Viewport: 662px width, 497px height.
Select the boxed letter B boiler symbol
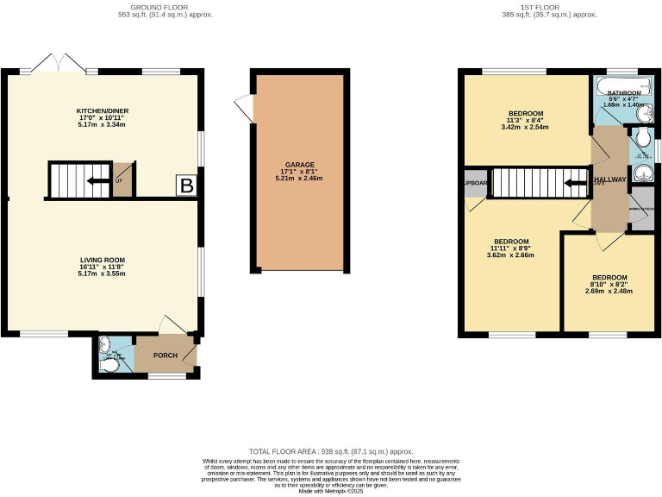185,185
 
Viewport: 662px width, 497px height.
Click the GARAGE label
300,164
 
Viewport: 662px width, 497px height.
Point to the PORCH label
165,355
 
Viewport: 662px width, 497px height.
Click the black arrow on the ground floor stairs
96,180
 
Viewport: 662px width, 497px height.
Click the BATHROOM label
624,92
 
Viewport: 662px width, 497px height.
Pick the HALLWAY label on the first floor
610,180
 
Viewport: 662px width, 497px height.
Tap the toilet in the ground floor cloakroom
108,366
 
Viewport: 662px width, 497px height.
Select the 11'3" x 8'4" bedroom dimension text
525,121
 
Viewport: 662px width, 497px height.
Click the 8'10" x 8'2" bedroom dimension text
609,283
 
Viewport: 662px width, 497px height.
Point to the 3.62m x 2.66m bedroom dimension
510,255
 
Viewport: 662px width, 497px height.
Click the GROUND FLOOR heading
165,7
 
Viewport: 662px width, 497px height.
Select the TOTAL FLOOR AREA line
331,451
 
